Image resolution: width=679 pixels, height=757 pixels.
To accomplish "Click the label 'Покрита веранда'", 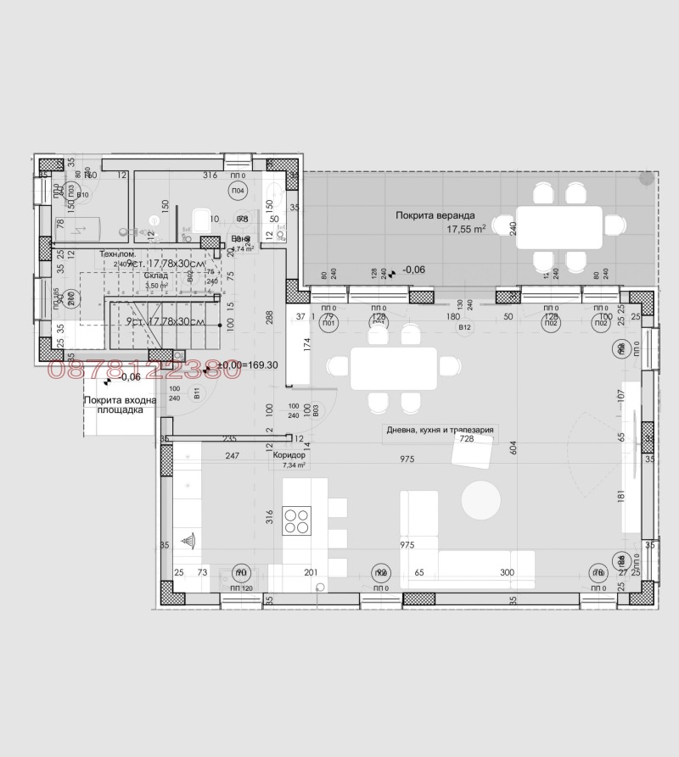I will pyautogui.click(x=435, y=215).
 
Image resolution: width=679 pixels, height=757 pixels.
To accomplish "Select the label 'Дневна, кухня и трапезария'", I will pyautogui.click(x=439, y=430).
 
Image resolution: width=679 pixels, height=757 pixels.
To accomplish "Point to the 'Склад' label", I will pyautogui.click(x=155, y=276).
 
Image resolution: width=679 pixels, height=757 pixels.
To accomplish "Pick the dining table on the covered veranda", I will pyautogui.click(x=559, y=226).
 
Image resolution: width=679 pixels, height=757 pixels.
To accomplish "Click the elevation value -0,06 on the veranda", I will pyautogui.click(x=414, y=270).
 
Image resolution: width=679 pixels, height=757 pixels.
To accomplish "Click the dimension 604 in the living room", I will pyautogui.click(x=513, y=448).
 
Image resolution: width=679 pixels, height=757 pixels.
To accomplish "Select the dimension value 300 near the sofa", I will pyautogui.click(x=507, y=573).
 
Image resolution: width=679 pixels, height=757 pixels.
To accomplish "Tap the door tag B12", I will pyautogui.click(x=464, y=326).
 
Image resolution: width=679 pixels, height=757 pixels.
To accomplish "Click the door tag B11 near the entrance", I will pyautogui.click(x=196, y=392).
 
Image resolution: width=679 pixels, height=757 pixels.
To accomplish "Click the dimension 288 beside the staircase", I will pyautogui.click(x=269, y=319).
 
